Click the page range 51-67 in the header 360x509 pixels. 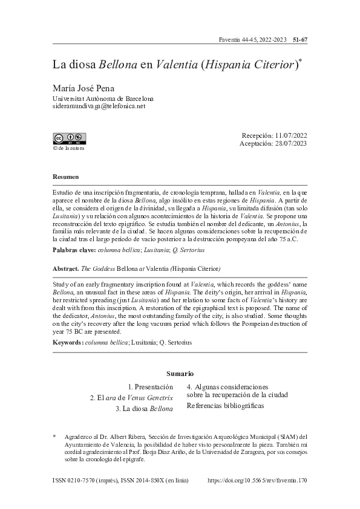point(301,40)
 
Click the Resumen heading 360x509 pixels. point(65,177)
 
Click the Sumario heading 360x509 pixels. point(180,374)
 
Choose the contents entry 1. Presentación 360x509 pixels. point(150,386)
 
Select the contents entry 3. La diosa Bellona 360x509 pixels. point(144,409)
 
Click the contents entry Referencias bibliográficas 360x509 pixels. point(226,406)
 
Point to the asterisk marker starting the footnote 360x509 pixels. point(54,436)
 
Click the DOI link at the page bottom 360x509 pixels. point(257,481)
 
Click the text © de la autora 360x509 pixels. point(69,147)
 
